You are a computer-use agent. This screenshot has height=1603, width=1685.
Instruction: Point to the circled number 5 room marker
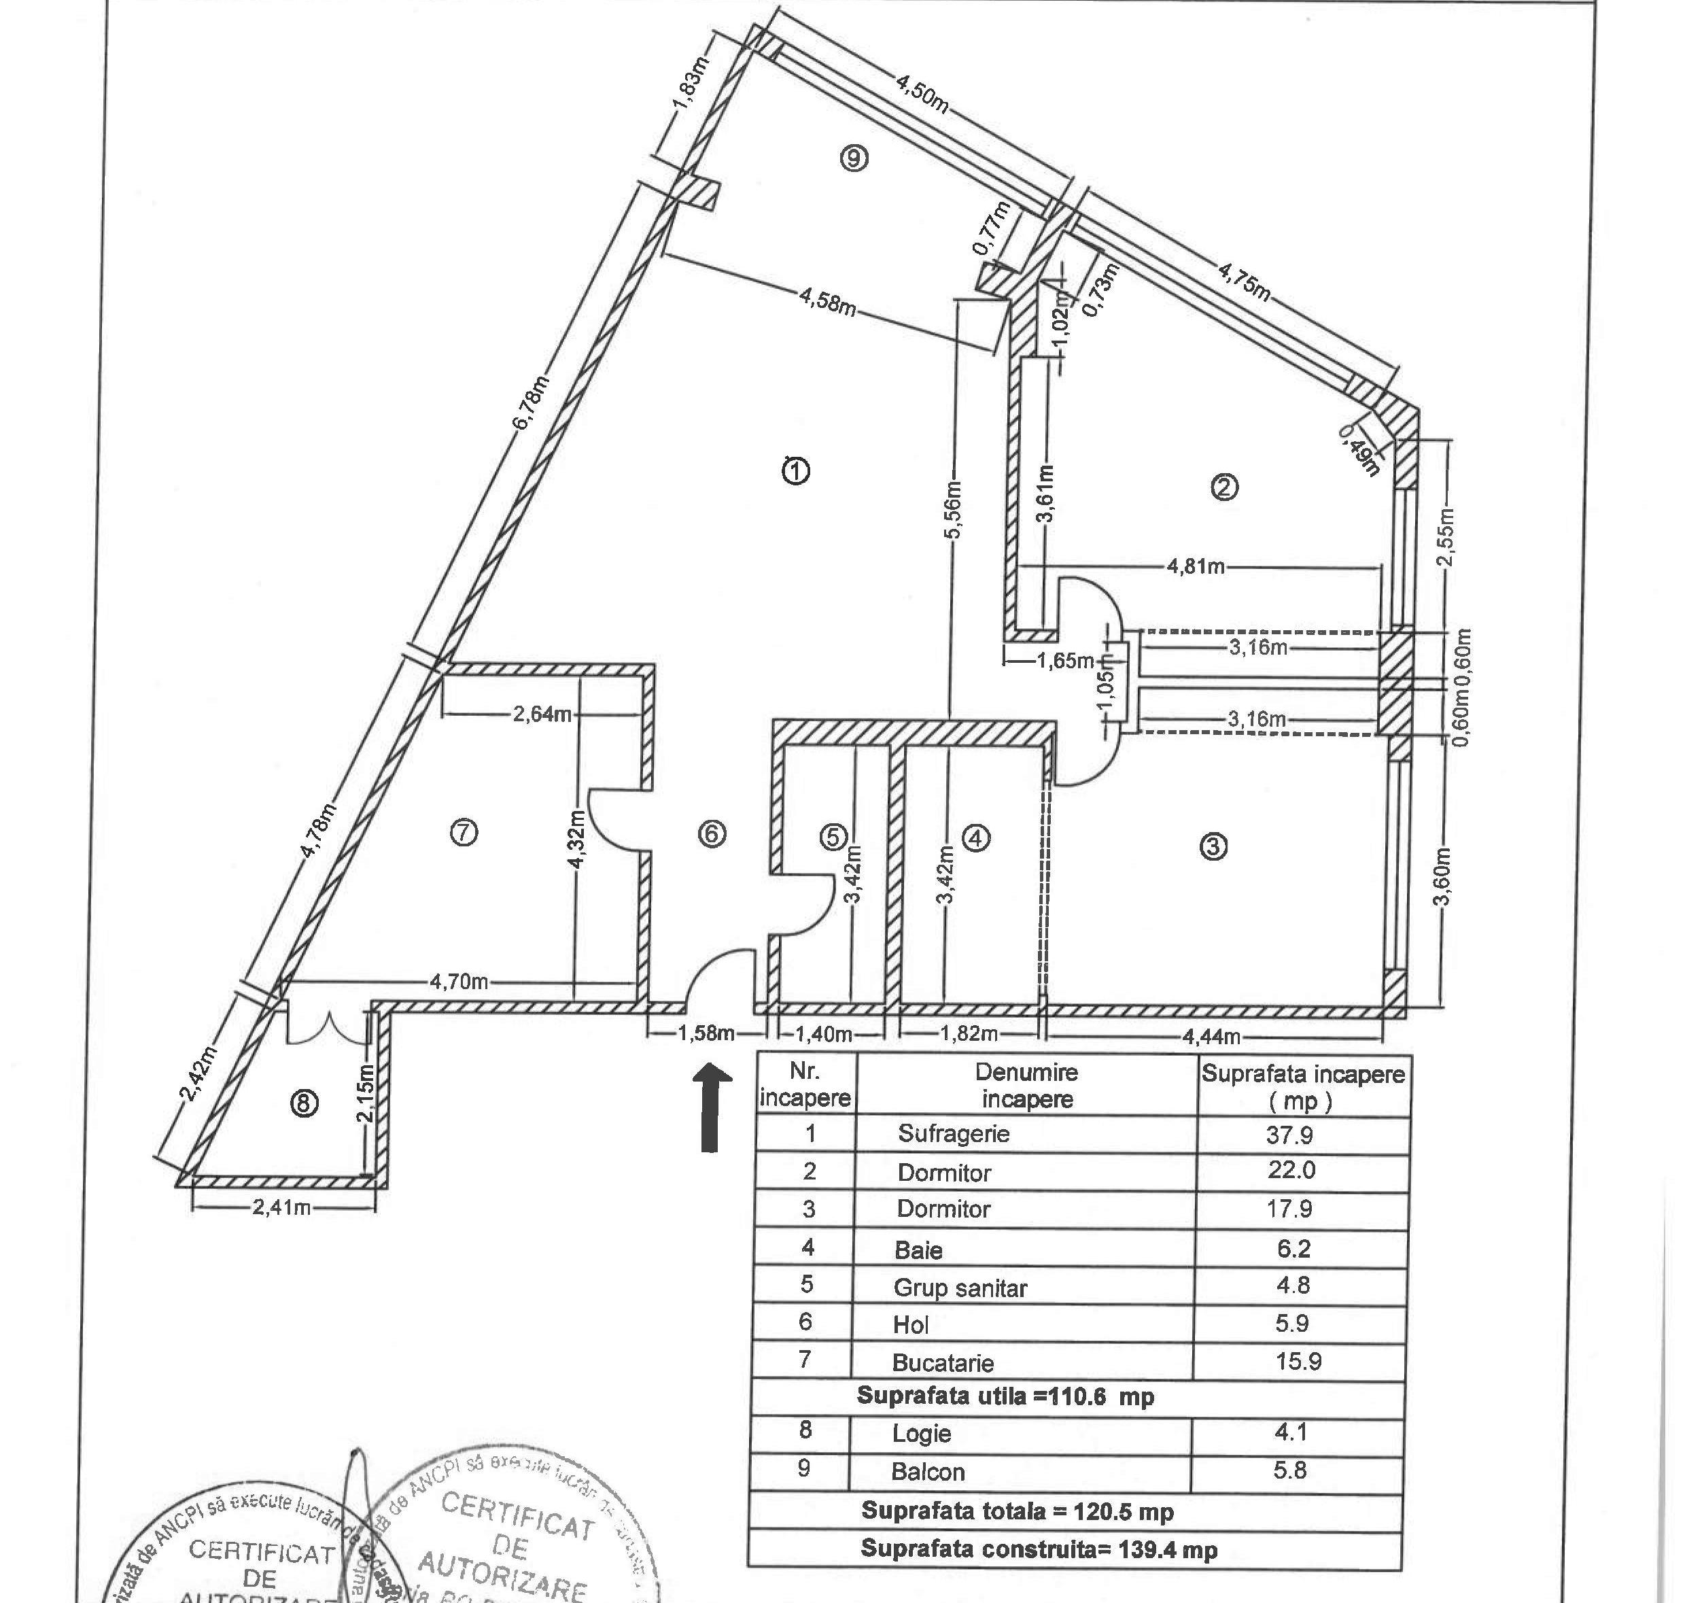834,838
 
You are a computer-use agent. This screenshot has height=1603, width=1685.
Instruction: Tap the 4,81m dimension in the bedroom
1196,566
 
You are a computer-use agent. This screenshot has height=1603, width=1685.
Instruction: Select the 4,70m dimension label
459,982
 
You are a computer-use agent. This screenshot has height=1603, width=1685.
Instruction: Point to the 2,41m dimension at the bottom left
281,1207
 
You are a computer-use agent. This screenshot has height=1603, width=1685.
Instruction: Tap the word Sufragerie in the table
954,1134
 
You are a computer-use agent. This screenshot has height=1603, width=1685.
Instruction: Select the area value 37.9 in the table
1289,1135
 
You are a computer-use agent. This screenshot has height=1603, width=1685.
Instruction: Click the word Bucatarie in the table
943,1362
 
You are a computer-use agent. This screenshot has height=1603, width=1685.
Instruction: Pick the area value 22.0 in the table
1290,1170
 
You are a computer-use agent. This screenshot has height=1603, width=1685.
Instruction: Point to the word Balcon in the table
928,1471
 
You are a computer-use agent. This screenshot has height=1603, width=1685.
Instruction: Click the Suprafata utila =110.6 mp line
1005,1396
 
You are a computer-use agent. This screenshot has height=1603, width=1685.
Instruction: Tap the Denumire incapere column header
1026,1085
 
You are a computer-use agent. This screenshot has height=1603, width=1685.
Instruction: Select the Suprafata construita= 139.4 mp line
1038,1549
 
